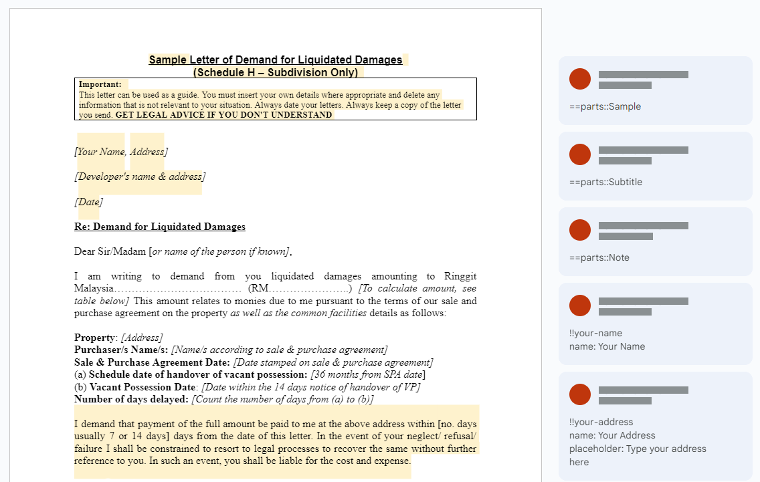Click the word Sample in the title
(x=168, y=60)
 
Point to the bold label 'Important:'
(x=100, y=84)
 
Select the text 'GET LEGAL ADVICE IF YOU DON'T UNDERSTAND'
(x=223, y=115)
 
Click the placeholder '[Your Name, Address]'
(x=121, y=152)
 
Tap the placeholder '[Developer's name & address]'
(x=140, y=176)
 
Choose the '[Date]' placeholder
(x=88, y=202)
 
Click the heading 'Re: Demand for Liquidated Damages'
(x=160, y=227)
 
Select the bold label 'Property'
(x=95, y=338)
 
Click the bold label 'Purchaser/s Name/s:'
(x=121, y=350)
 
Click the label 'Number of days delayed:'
(x=131, y=399)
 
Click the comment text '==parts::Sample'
(x=605, y=106)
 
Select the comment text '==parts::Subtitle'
(x=605, y=182)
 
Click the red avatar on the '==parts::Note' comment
(x=580, y=230)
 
